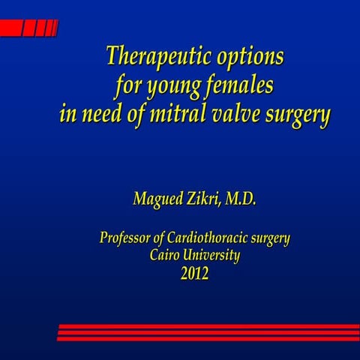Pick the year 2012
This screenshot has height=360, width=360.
(194, 274)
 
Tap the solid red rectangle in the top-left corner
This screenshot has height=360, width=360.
(10, 28)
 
